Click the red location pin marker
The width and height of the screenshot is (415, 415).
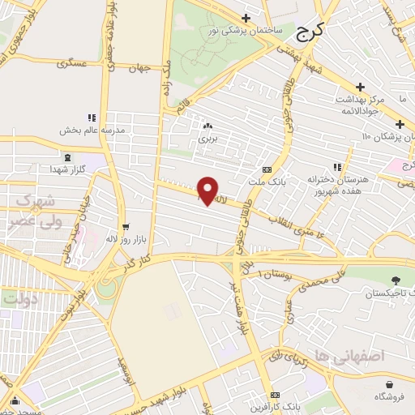pyautogui.click(x=207, y=190)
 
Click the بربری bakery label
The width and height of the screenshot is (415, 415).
pyautogui.click(x=208, y=139)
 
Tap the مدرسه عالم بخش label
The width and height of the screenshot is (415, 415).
pyautogui.click(x=91, y=130)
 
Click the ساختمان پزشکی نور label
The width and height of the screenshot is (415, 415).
pyautogui.click(x=246, y=30)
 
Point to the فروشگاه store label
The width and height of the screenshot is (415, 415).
pyautogui.click(x=391, y=396)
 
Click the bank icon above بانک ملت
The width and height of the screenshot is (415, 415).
pyautogui.click(x=267, y=169)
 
